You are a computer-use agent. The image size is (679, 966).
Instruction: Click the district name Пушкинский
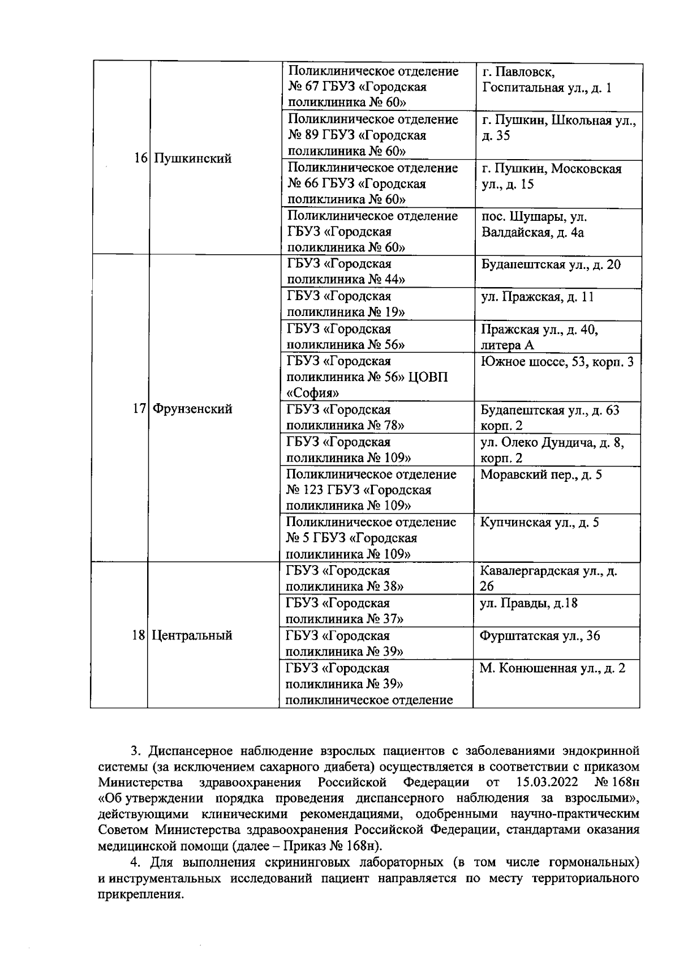pyautogui.click(x=193, y=159)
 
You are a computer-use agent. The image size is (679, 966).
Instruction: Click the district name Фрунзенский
pyautogui.click(x=193, y=409)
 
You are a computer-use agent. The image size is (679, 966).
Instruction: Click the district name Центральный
pyautogui.click(x=192, y=635)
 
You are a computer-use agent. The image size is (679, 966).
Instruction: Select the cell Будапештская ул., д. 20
pyautogui.click(x=551, y=264)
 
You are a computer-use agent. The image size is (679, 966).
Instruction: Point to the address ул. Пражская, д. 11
pyautogui.click(x=537, y=297)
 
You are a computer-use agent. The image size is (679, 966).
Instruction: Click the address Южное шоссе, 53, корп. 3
pyautogui.click(x=557, y=362)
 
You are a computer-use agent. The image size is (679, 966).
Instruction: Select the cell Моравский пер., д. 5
pyautogui.click(x=541, y=475)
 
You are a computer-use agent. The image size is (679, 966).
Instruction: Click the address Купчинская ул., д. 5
pyautogui.click(x=539, y=523)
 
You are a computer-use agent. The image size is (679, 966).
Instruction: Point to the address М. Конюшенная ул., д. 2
pyautogui.click(x=552, y=668)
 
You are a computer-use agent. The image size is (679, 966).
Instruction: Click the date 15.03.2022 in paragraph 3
pyautogui.click(x=547, y=783)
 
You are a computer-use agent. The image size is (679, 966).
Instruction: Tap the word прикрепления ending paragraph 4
pyautogui.click(x=141, y=895)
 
